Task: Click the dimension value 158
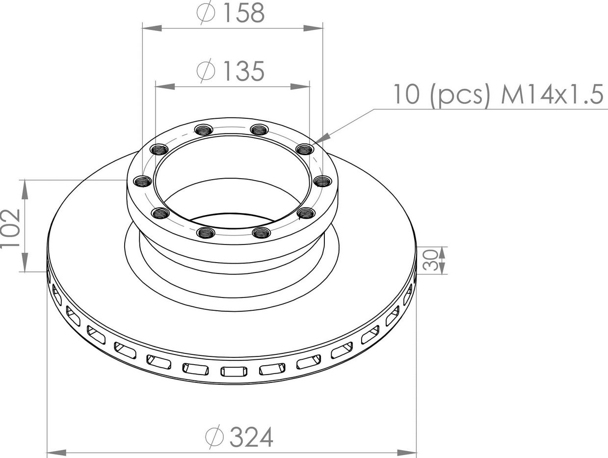tap(244, 14)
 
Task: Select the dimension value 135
tap(244, 72)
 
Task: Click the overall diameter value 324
tap(251, 436)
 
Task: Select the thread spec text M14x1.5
tap(552, 94)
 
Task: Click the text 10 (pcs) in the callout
tap(442, 94)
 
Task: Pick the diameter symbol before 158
tap(207, 14)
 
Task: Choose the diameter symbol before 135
tap(206, 72)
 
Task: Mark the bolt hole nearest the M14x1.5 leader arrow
tap(305, 149)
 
